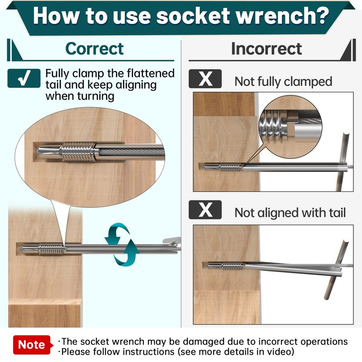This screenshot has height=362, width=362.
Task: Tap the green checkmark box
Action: pos(24,78)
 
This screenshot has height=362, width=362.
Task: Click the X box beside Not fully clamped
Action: pos(205,79)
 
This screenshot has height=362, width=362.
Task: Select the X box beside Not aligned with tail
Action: pos(205,210)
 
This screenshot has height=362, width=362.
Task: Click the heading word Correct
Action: pos(95,49)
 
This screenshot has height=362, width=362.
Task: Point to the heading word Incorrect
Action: pos(267,49)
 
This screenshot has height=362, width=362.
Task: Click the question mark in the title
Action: pos(321,16)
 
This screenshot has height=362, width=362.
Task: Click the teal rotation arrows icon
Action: pos(122,244)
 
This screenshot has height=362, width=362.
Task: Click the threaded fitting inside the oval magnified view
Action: pos(78,152)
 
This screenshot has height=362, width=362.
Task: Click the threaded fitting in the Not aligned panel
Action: pos(233,266)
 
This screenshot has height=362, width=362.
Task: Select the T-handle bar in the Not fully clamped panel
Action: pos(342,162)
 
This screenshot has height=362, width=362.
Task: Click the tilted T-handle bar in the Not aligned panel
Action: pos(336,270)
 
